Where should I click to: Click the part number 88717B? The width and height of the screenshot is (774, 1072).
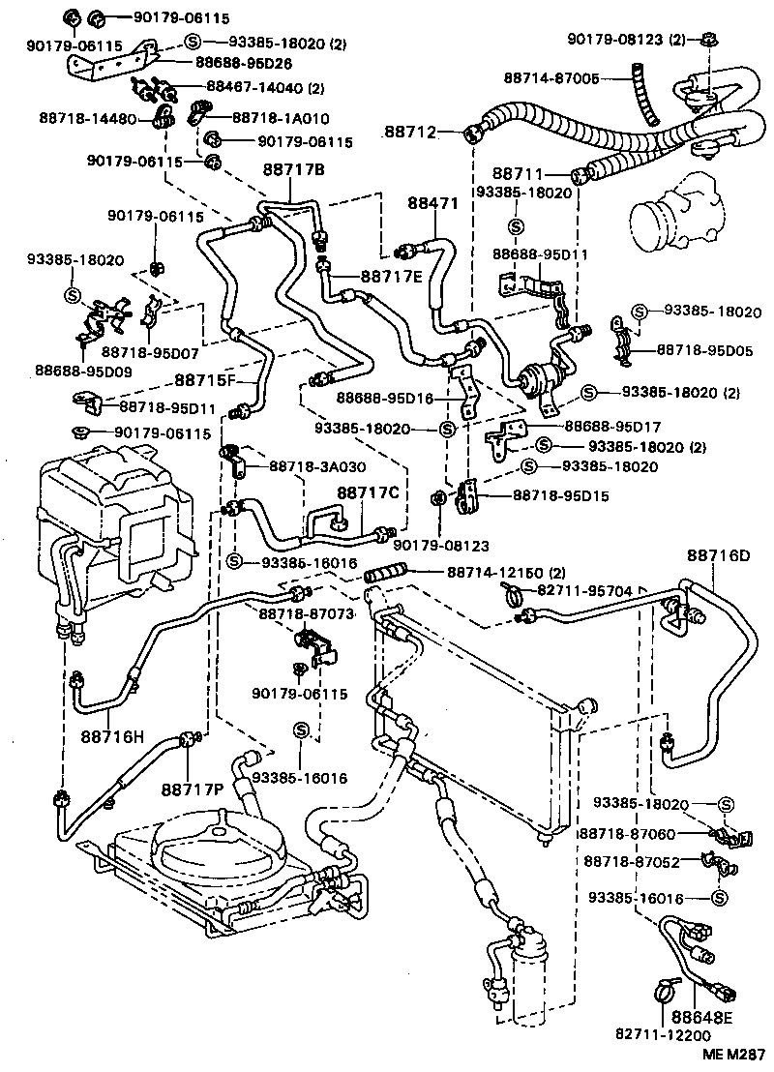point(292,170)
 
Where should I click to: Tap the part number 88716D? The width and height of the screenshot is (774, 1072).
point(719,555)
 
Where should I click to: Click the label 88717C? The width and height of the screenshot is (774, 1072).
point(368,493)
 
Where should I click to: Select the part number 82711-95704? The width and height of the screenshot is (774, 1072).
point(584,590)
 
